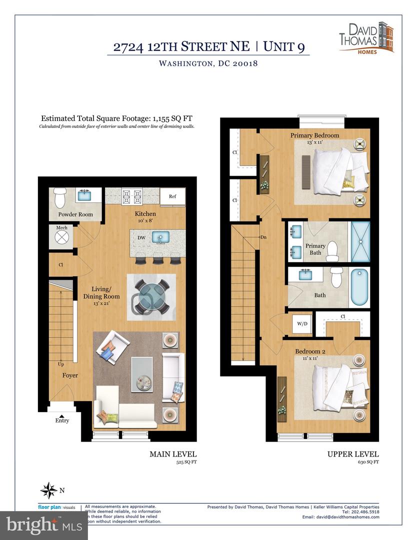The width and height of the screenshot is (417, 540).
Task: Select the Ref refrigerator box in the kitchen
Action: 172,196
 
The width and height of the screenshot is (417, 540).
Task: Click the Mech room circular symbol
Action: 61,237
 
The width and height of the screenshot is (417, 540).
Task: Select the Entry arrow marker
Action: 62,414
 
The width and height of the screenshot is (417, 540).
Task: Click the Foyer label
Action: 70,375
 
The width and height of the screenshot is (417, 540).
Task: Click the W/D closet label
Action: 302,323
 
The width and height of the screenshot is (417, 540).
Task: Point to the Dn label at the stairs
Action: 262,237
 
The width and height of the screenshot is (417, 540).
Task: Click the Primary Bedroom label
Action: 314,135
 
